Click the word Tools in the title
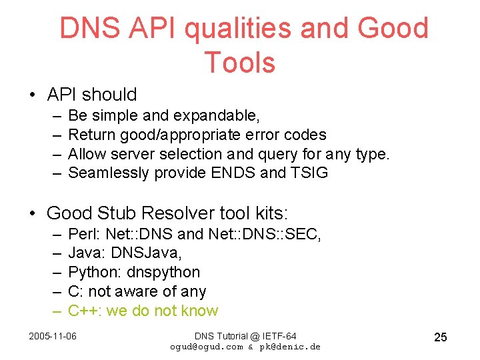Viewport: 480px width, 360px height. (x=239, y=62)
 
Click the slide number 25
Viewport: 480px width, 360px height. (x=440, y=337)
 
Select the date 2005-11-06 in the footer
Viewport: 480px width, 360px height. (x=53, y=335)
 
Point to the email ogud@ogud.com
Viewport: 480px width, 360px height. (x=207, y=347)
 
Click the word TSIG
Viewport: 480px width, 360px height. (x=309, y=173)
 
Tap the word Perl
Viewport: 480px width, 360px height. (x=83, y=233)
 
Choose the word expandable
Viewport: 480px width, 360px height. (x=216, y=116)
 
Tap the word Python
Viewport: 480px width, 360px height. (x=91, y=272)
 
